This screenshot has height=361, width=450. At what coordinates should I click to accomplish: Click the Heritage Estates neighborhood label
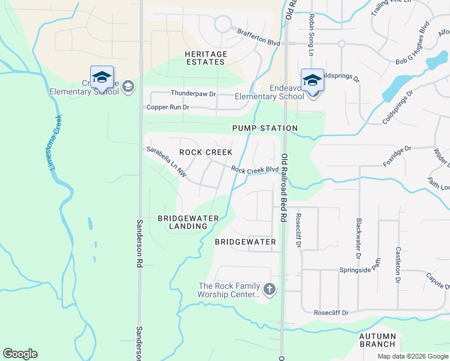[206, 58]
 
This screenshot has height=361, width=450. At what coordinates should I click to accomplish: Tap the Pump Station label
[265, 128]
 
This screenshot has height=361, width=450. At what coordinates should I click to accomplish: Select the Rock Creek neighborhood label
[206, 152]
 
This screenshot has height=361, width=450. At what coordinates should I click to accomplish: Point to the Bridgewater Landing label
[182, 222]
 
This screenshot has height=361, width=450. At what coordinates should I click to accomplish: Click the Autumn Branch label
[377, 340]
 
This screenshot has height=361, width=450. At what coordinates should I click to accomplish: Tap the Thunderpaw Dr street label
[193, 94]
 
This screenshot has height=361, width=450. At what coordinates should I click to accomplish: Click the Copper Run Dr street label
[168, 108]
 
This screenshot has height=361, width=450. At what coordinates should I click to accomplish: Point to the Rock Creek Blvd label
[254, 170]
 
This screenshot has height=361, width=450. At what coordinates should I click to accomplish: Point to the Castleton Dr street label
[398, 264]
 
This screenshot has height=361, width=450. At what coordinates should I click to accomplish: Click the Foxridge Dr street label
[397, 156]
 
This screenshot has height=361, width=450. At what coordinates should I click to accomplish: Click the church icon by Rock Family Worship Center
[269, 290]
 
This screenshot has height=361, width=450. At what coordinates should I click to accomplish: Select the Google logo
[20, 354]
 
